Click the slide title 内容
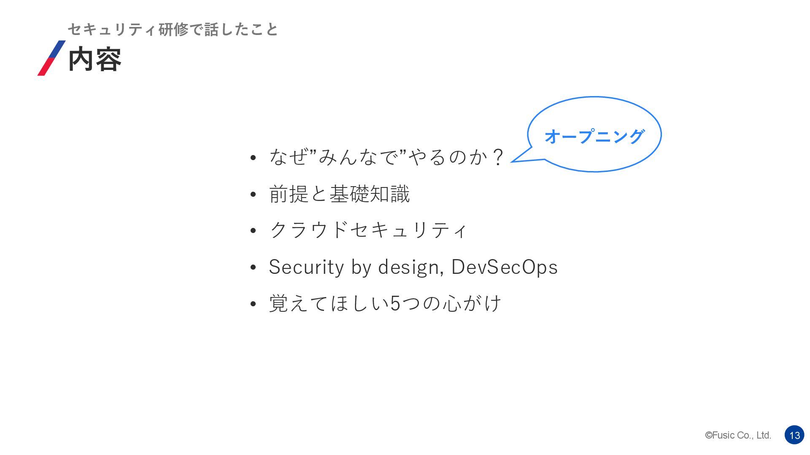[x=94, y=59]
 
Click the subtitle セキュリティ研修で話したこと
[x=173, y=29]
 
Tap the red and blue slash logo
[x=51, y=58]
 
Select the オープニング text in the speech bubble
[x=594, y=136]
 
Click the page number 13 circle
[x=794, y=435]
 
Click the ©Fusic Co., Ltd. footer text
[x=738, y=435]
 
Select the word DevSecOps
[x=505, y=267]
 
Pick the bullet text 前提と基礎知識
[x=339, y=194]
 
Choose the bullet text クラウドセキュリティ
[x=368, y=230]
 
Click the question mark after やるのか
[x=498, y=157]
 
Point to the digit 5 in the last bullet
[x=395, y=303]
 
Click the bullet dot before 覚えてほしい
[x=253, y=304]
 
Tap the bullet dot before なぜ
[x=253, y=158]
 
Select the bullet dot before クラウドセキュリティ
[x=253, y=231]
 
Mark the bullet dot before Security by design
[x=253, y=268]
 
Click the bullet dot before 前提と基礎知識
[x=253, y=195]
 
